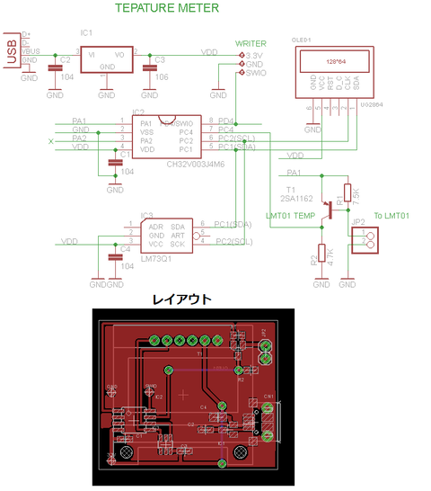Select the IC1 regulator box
pyautogui.click(x=107, y=59)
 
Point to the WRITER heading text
pyautogui.click(x=251, y=43)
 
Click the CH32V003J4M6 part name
pyautogui.click(x=196, y=165)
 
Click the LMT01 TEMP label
pyautogui.click(x=291, y=217)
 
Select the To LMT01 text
pyautogui.click(x=391, y=217)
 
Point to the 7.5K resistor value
pyautogui.click(x=356, y=192)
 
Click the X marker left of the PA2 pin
pyautogui.click(x=50, y=141)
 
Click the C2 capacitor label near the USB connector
pyautogui.click(x=66, y=59)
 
